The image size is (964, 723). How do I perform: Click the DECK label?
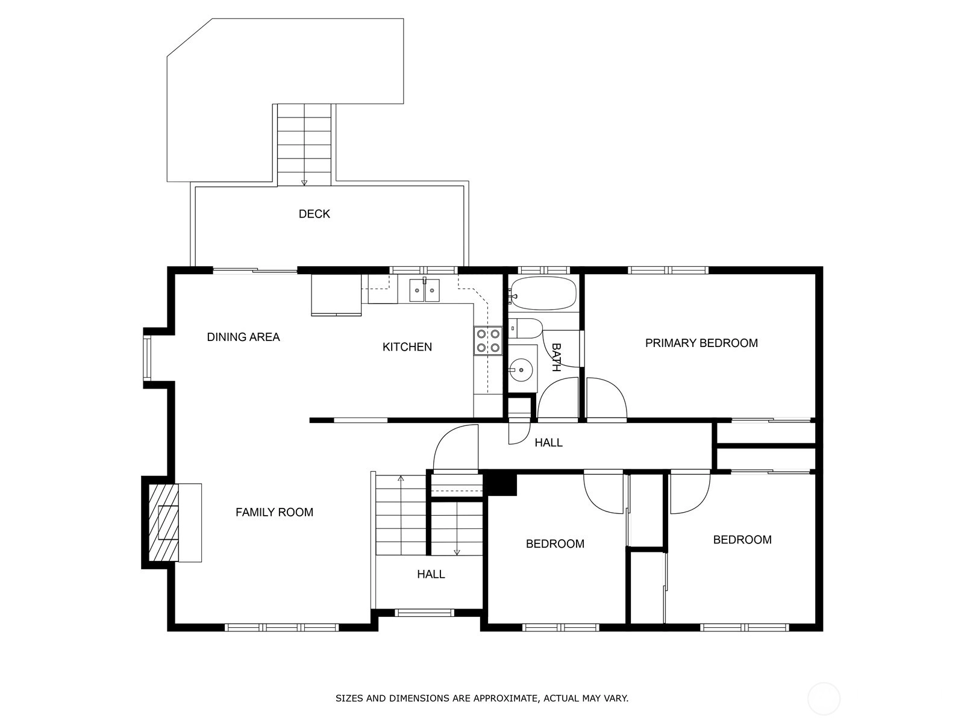[314, 214]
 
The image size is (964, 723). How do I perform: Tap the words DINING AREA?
[243, 337]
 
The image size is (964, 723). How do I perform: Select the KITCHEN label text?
[407, 347]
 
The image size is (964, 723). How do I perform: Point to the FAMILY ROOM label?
[275, 512]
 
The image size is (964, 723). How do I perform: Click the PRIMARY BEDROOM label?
[701, 343]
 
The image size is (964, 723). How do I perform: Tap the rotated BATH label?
[556, 357]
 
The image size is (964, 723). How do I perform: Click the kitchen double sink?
[424, 290]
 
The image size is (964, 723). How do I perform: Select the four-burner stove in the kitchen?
[488, 340]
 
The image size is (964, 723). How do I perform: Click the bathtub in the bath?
[543, 293]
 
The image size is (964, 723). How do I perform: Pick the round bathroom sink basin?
[521, 369]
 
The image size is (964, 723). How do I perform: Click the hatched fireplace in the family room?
[164, 522]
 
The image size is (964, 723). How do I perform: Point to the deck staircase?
[304, 145]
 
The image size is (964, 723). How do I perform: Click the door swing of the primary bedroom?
[607, 398]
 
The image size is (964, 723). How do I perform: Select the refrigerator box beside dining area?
[336, 295]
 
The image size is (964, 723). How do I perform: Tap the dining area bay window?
[147, 358]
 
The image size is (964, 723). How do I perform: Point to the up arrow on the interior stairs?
[401, 478]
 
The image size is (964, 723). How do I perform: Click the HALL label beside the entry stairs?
[431, 574]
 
